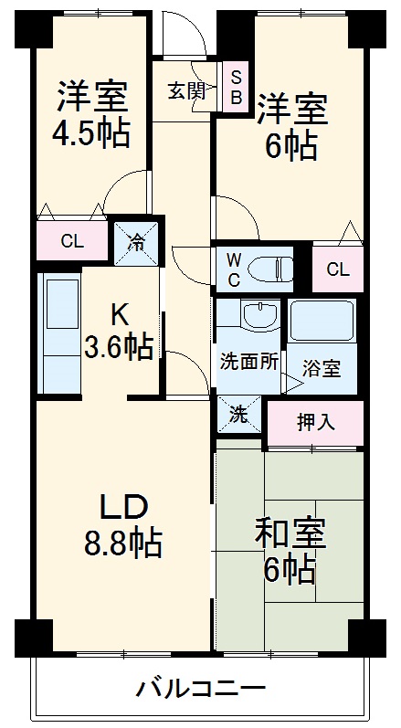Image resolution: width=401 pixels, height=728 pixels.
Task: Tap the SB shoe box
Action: coord(236,88)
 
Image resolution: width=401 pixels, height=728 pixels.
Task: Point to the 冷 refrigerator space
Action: coord(135,243)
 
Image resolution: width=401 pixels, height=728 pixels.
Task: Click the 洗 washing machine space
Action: coord(237,414)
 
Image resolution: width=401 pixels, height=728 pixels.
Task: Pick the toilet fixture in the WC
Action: coord(271,268)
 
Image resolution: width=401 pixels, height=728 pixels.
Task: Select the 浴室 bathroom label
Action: coord(322,368)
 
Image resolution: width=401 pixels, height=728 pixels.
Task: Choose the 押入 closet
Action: coord(314,422)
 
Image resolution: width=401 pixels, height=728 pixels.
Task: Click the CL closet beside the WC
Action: coord(337,269)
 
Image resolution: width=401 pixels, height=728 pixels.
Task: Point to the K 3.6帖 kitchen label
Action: coord(120,332)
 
